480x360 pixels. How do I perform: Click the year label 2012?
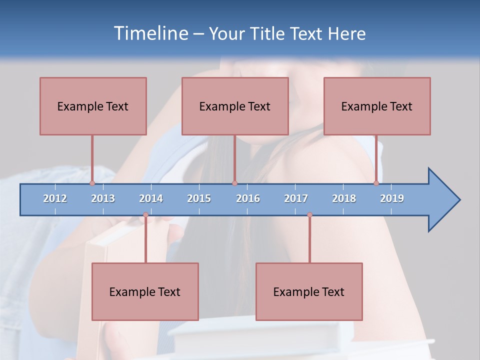click(x=55, y=198)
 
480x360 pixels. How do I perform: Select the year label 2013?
click(x=103, y=198)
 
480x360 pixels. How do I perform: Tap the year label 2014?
click(x=151, y=198)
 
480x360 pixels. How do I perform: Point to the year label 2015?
click(x=199, y=198)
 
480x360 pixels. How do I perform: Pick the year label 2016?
click(x=248, y=198)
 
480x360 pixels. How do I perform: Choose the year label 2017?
click(x=296, y=198)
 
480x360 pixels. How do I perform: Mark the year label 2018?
click(x=344, y=198)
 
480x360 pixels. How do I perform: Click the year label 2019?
click(x=392, y=198)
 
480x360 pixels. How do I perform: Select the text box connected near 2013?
click(x=93, y=106)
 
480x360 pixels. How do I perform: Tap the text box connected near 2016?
click(x=235, y=106)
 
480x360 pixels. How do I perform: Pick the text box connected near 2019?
click(x=377, y=106)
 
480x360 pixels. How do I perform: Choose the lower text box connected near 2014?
click(x=145, y=291)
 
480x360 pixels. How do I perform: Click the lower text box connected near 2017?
click(x=309, y=291)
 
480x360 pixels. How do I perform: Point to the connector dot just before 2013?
click(x=92, y=183)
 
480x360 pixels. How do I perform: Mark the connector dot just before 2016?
click(x=234, y=183)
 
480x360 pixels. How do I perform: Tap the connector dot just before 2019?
click(x=376, y=183)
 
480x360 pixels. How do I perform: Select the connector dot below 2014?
click(x=145, y=215)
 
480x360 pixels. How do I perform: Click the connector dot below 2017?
click(x=309, y=215)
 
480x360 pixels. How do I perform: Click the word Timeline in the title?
click(x=149, y=33)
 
